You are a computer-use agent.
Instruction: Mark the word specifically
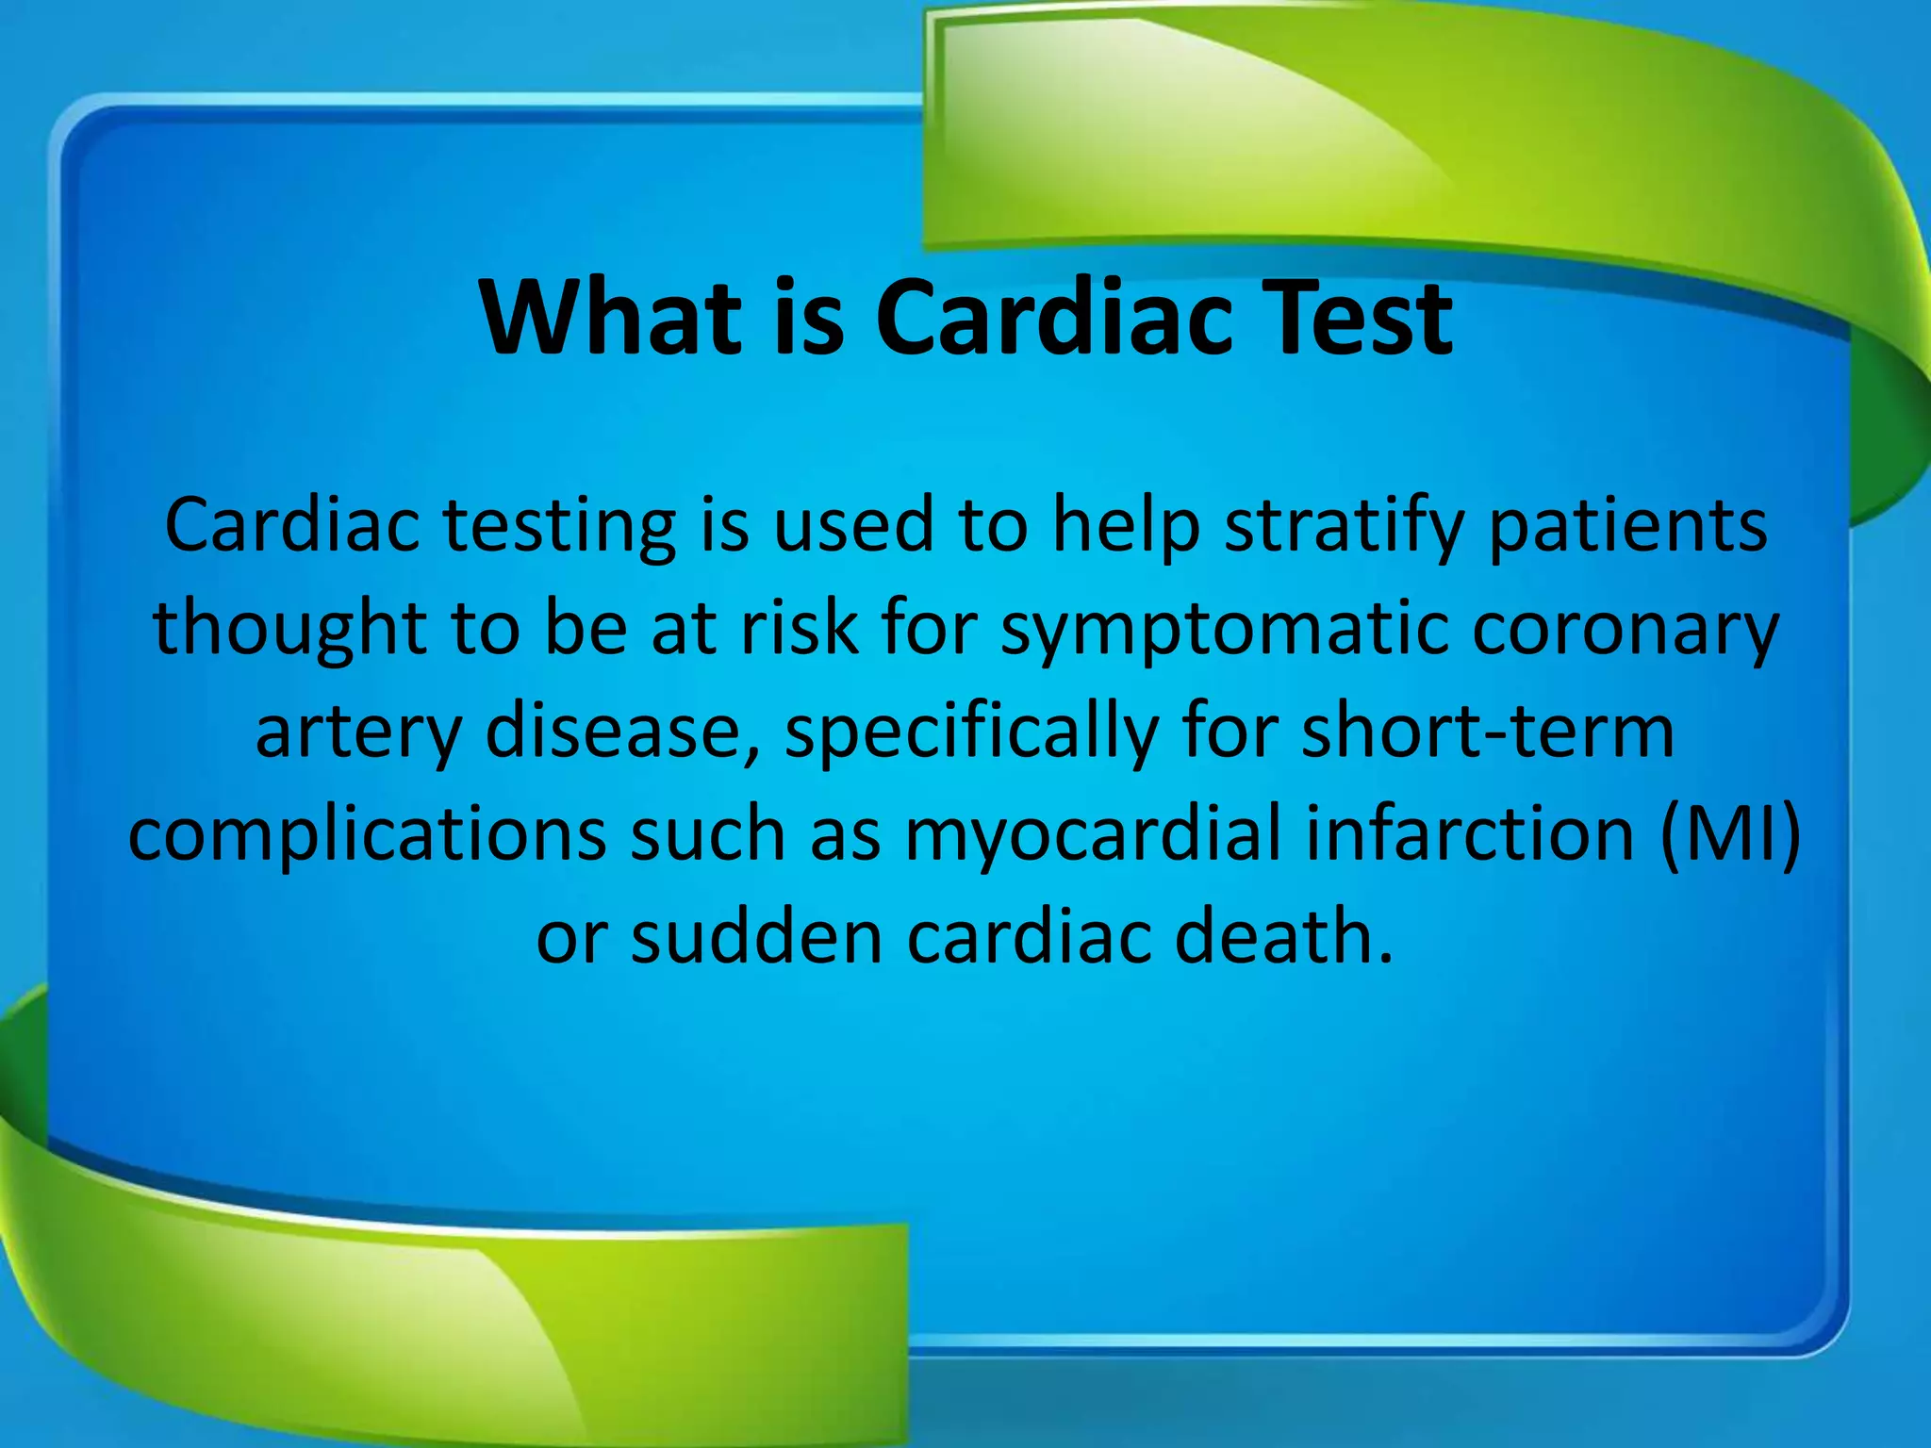(x=971, y=733)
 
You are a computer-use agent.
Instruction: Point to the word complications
(x=367, y=835)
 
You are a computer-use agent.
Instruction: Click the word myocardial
(x=1093, y=835)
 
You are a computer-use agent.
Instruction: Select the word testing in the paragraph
(x=560, y=526)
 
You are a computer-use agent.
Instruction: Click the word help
(x=1126, y=526)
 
